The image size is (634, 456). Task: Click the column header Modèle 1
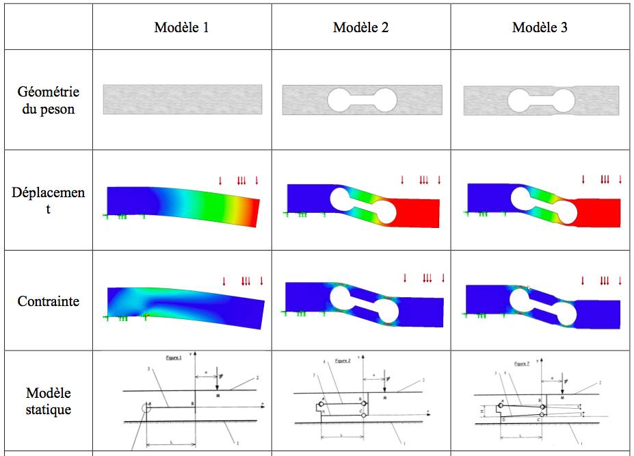click(181, 27)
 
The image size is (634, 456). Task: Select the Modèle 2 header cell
click(360, 27)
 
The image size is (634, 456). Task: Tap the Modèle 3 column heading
click(540, 27)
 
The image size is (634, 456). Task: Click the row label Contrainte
click(48, 301)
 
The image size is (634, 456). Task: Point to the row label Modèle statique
click(48, 401)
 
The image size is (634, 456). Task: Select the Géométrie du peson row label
click(48, 100)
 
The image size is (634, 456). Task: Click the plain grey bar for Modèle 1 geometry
click(182, 99)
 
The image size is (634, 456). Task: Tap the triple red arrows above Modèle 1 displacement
click(241, 181)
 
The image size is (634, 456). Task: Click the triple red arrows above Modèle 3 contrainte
click(605, 280)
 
